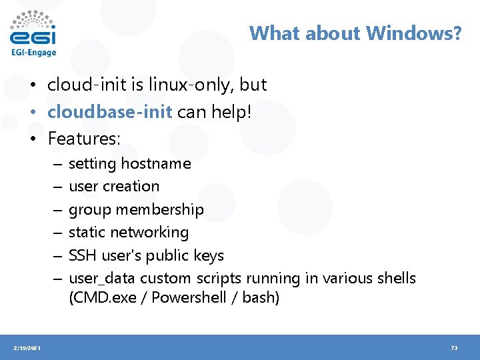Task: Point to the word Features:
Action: [84, 139]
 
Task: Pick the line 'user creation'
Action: [114, 186]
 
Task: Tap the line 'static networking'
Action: [129, 232]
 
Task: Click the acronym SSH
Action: [83, 255]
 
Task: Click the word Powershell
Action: [189, 297]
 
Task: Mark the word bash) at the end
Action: [261, 297]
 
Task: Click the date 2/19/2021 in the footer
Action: [27, 348]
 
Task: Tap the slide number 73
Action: [454, 348]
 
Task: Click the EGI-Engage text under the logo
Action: [33, 53]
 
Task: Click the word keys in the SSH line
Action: [209, 255]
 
